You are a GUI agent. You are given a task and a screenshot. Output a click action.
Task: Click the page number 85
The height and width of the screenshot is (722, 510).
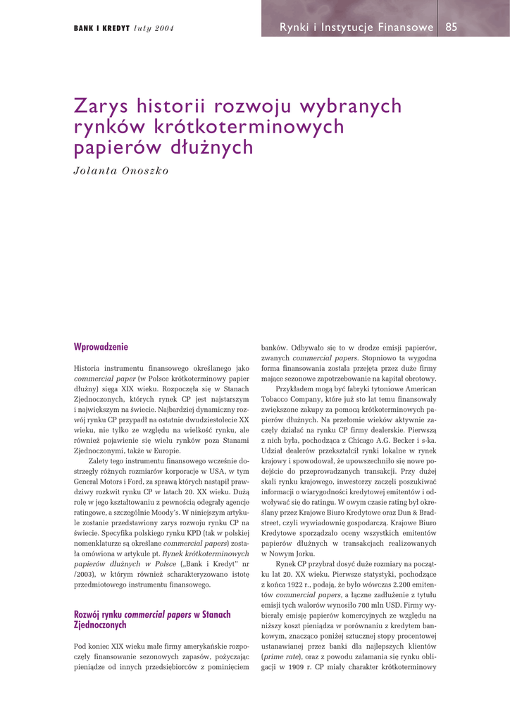452,27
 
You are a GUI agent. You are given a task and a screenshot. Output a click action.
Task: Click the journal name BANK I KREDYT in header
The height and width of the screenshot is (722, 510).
101,28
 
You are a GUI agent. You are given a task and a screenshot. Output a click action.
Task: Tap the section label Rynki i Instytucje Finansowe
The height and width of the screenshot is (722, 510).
356,27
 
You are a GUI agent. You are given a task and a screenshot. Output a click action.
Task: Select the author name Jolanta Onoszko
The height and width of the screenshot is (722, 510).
121,171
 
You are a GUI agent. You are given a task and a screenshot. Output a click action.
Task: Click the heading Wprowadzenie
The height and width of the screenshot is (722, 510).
101,347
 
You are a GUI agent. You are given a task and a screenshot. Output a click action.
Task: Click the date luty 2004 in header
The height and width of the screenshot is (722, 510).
154,28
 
